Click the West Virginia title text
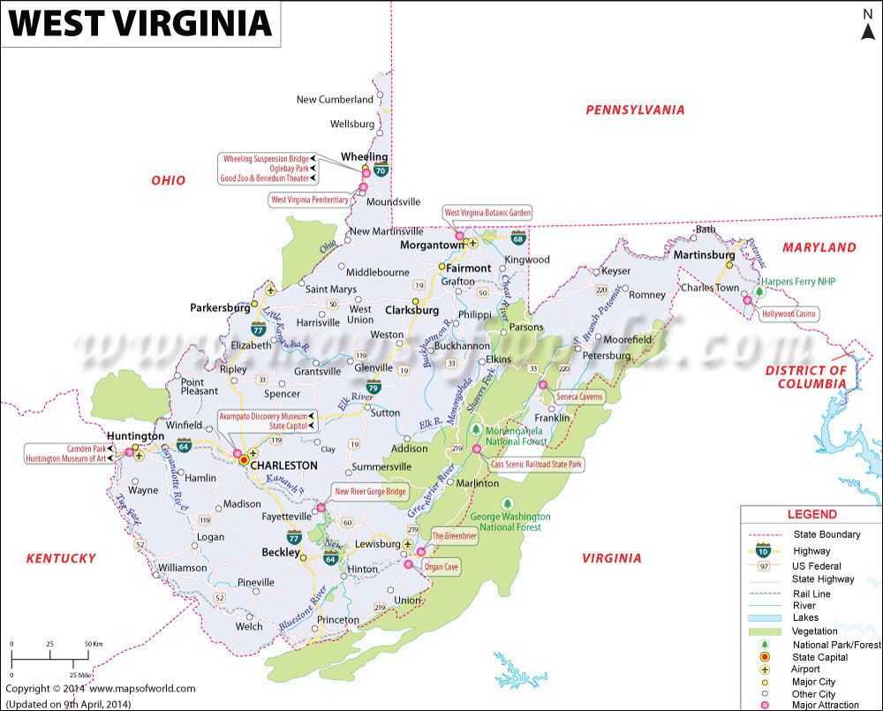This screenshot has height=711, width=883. click(140, 23)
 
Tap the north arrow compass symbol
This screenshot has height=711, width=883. click(866, 25)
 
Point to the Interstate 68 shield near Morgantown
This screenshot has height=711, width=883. click(517, 238)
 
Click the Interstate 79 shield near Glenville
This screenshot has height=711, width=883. click(374, 386)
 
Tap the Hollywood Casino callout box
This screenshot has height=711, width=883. click(789, 314)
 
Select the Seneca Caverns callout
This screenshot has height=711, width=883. click(579, 397)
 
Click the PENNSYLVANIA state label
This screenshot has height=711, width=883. click(635, 110)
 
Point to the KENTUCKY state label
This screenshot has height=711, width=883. click(60, 558)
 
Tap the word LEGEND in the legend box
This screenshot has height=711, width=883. click(811, 514)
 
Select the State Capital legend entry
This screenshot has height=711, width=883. click(819, 657)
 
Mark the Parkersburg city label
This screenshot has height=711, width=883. click(220, 308)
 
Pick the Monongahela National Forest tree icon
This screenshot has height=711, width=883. click(475, 429)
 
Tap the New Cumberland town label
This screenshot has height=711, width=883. click(334, 100)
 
